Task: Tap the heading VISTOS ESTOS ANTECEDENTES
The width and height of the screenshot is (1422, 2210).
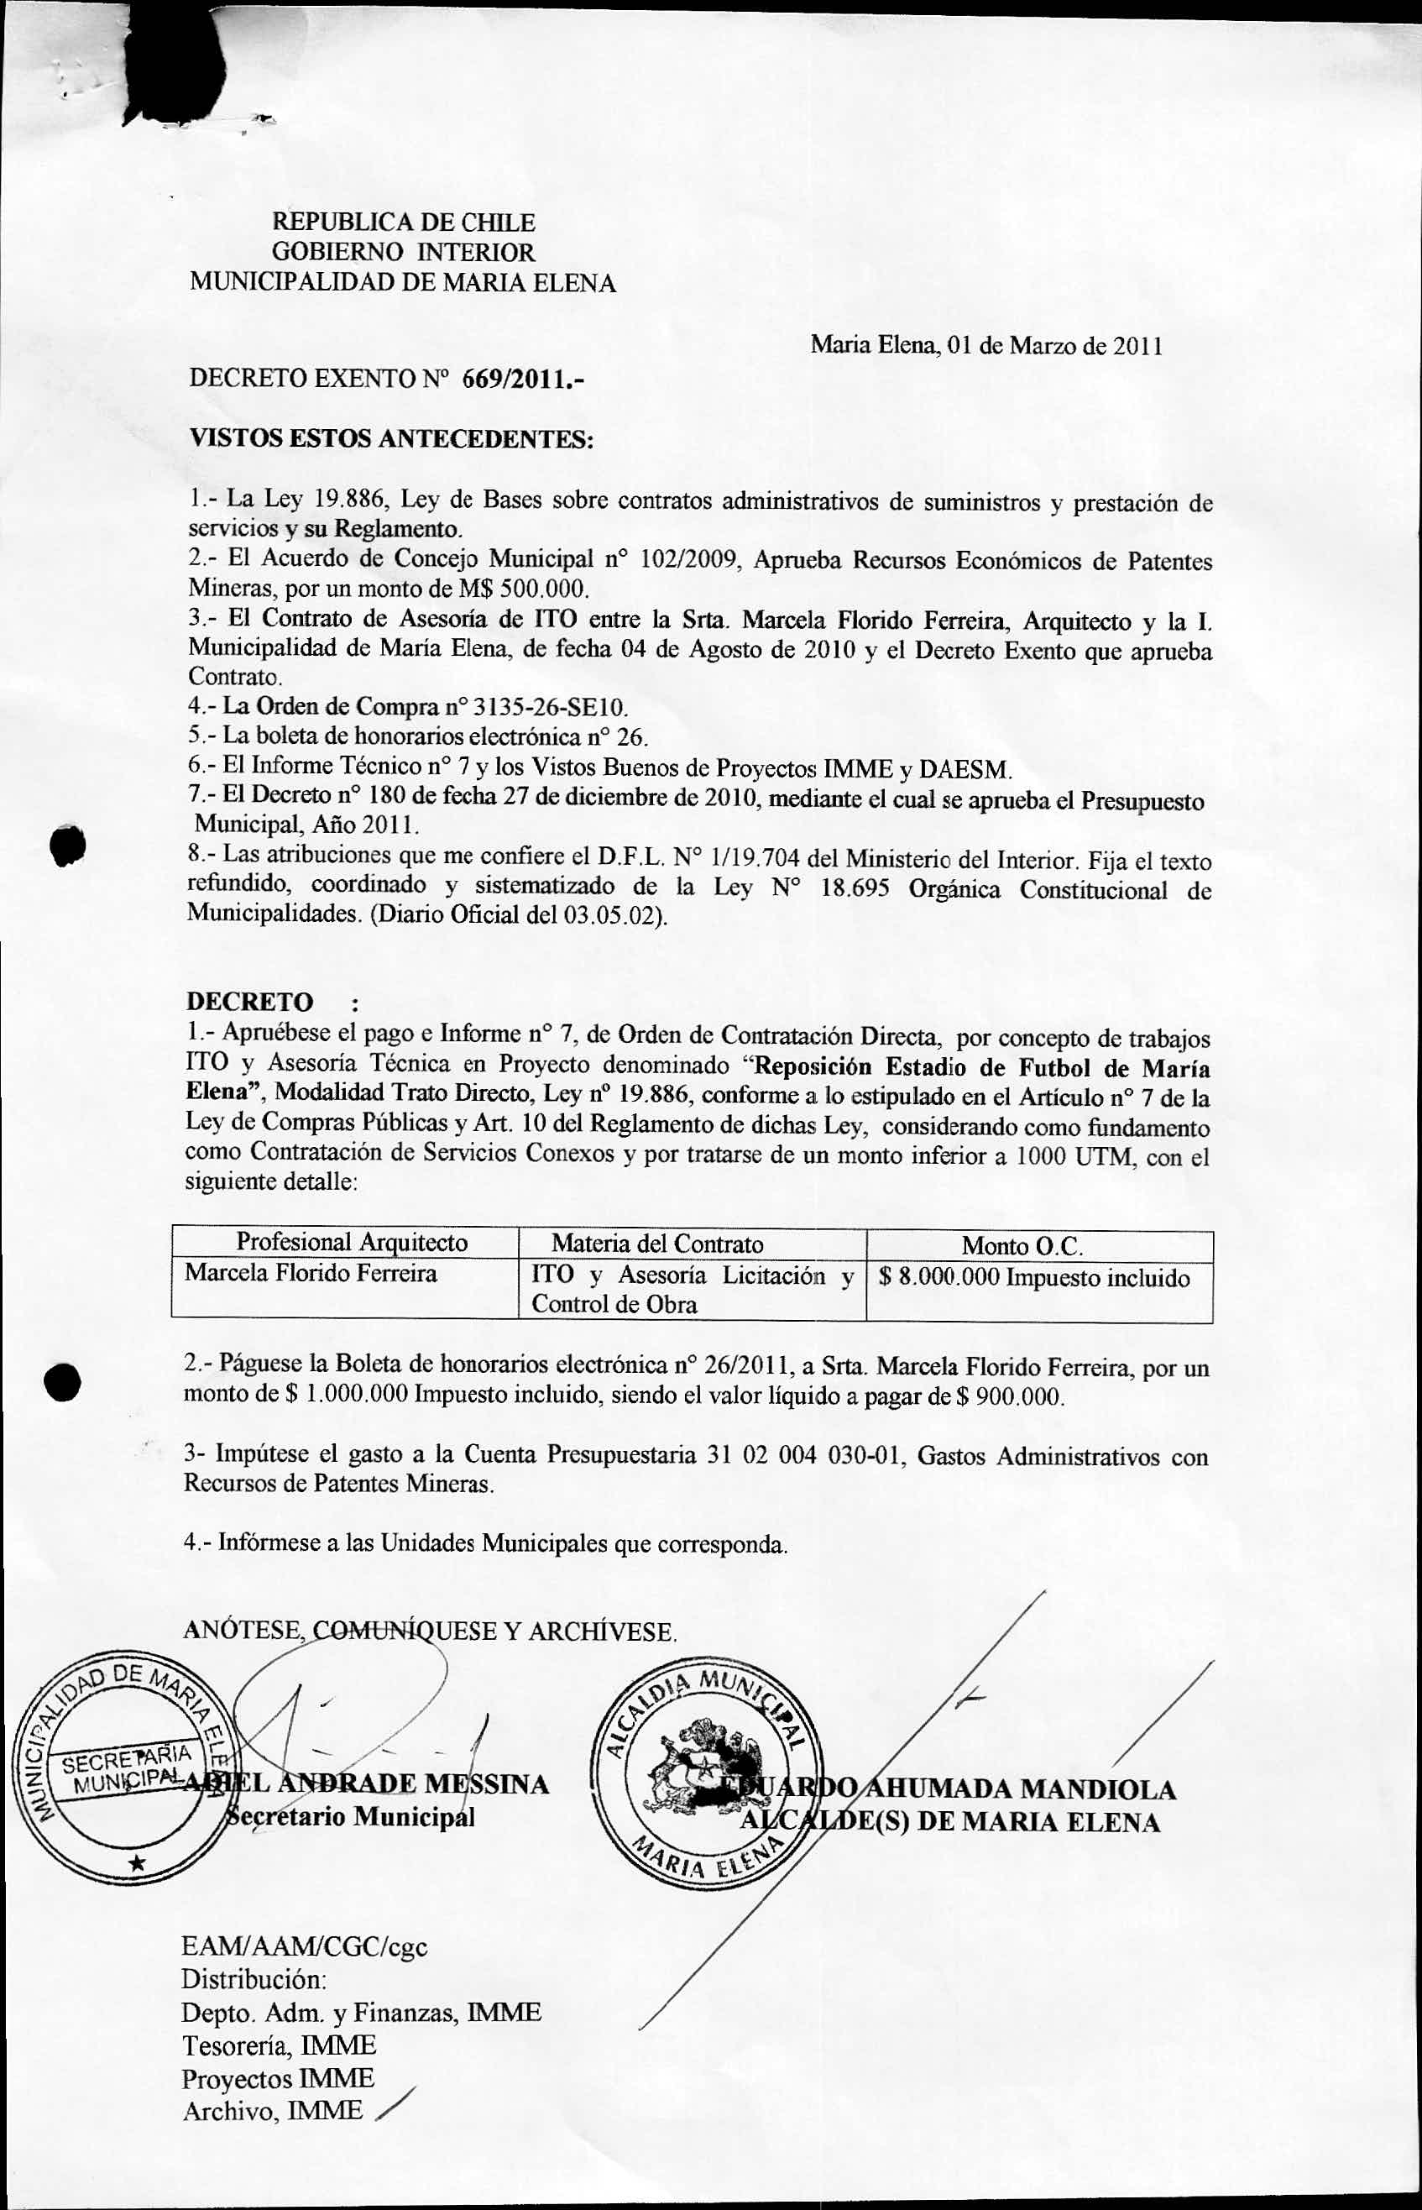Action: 389,437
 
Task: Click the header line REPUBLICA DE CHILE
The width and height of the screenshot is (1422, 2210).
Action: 403,222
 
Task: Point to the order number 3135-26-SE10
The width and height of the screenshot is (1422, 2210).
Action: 551,709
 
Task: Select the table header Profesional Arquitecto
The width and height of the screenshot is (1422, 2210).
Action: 352,1242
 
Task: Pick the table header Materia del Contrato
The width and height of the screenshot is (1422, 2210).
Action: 657,1244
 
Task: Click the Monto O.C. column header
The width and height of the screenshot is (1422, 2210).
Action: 1022,1246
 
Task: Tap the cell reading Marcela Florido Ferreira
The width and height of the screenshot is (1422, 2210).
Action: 311,1274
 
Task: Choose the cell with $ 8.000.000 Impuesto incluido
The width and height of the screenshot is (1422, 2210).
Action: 1034,1278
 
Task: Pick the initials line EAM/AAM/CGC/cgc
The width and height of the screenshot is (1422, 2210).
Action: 305,1948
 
